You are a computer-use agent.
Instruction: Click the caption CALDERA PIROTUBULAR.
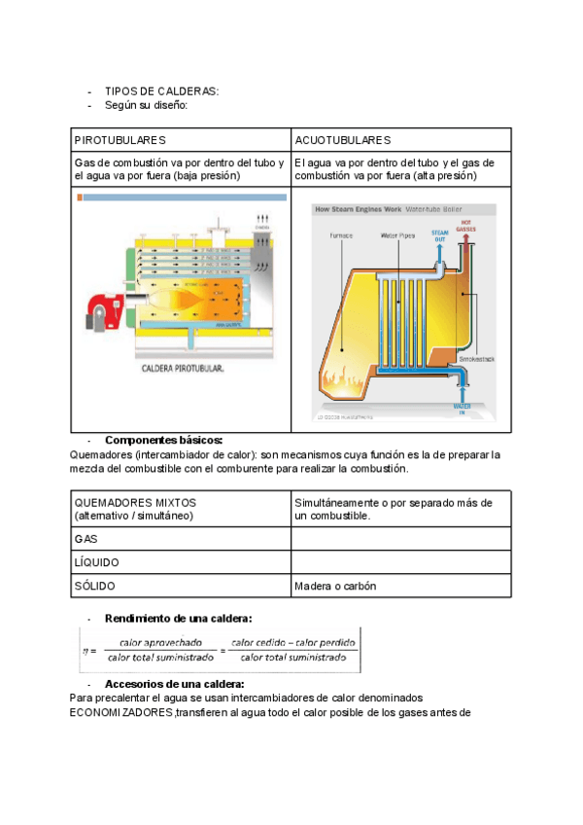183,369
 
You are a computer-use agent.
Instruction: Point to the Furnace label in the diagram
341,235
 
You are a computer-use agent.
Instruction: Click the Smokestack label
476,359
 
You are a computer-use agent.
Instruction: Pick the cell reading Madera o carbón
335,587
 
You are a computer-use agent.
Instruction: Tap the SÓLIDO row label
94,587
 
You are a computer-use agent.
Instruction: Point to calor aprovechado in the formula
160,642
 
